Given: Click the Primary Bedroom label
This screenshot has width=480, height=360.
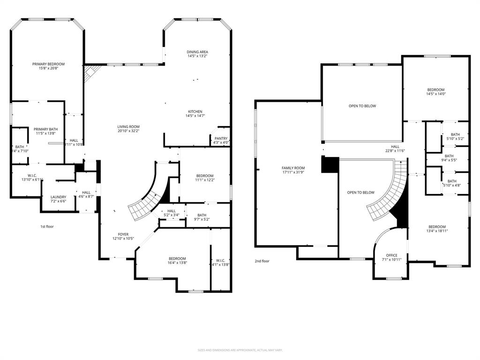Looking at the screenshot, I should tap(48, 64).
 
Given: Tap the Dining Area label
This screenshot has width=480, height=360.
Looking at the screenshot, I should tap(197, 52).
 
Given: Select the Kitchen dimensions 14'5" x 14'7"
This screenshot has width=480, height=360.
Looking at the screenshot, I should tap(195, 116).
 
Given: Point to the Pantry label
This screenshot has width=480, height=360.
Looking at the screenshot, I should tap(221, 138).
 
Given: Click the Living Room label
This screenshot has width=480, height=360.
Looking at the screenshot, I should tap(128, 127).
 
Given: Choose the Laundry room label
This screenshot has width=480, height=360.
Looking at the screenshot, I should tap(58, 197).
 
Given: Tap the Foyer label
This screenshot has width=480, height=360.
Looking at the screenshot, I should tap(123, 234).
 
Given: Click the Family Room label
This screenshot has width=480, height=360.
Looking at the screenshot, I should tap(293, 168).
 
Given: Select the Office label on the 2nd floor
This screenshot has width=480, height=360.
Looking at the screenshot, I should tap(391, 255).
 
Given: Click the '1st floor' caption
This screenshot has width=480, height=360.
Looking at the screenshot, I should tap(47, 226).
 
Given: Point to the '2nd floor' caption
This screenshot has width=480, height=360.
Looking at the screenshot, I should tap(262, 261).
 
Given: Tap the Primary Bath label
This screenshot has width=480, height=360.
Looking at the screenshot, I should tap(45, 129).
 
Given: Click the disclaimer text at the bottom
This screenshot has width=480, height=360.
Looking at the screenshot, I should tap(240, 350).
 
